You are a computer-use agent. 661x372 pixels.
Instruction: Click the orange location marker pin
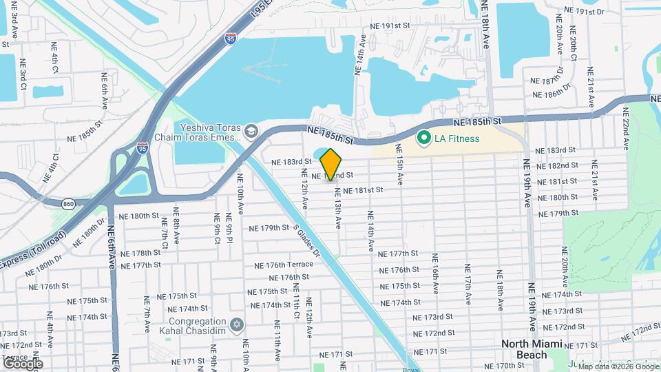331,163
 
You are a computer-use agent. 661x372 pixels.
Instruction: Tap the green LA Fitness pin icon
424,138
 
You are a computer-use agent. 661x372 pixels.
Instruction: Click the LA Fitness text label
457,139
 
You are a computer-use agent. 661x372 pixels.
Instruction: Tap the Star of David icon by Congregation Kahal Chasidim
238,324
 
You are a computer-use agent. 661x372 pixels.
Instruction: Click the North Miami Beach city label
533,349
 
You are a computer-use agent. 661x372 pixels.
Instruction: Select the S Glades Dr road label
307,240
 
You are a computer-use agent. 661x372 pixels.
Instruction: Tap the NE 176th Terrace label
284,265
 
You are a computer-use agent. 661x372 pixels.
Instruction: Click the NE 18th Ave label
485,24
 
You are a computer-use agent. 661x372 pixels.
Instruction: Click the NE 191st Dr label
583,11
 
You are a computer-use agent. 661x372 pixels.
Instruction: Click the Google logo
23,363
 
